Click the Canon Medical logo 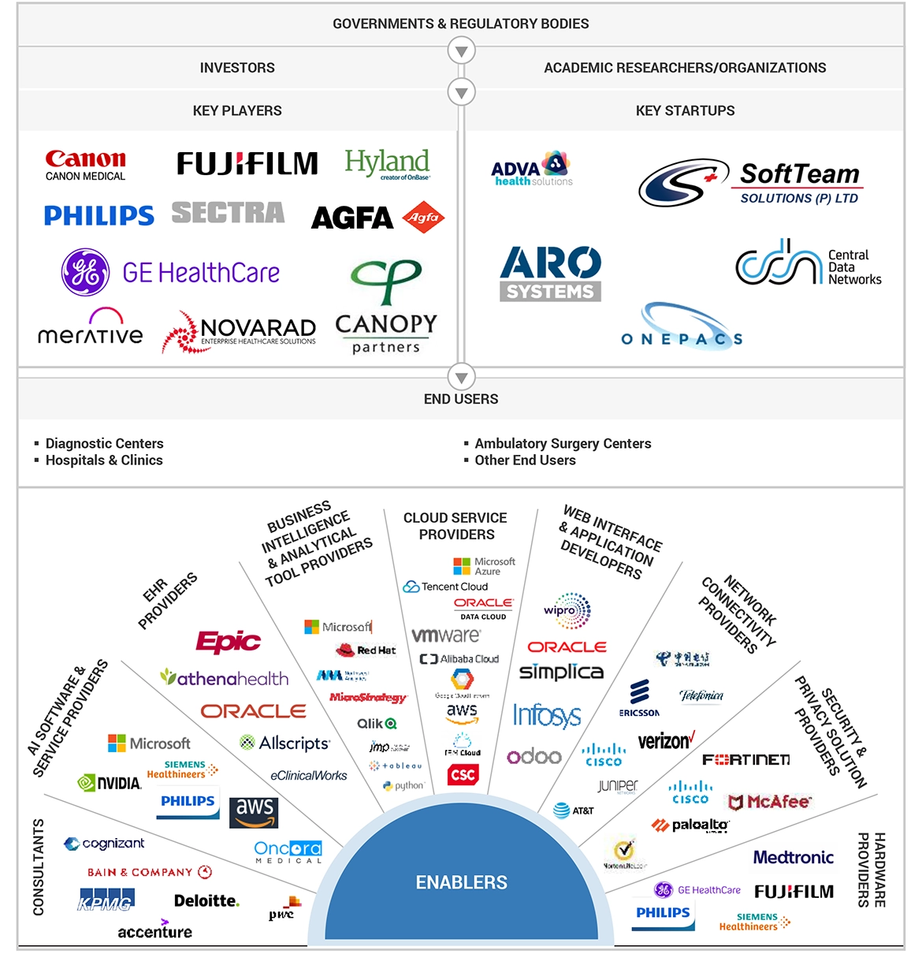click(85, 165)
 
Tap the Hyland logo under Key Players click(387, 164)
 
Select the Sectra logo click(228, 213)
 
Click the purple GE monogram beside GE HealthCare click(85, 272)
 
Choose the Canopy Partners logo click(386, 307)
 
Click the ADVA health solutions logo click(532, 169)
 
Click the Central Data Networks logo click(808, 263)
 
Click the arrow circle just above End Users click(461, 376)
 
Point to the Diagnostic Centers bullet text click(104, 443)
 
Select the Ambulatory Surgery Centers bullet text click(563, 443)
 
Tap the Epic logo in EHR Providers click(228, 641)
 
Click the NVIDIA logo click(110, 783)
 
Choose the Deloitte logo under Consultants click(206, 900)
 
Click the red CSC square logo click(463, 774)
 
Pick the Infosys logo click(547, 715)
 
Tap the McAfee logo click(769, 802)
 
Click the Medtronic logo click(793, 857)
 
